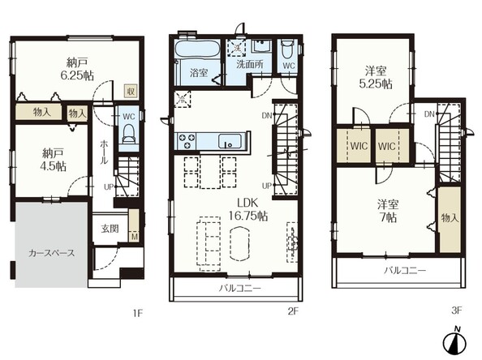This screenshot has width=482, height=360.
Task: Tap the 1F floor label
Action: tap(138, 313)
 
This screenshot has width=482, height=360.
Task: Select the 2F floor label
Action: tap(293, 311)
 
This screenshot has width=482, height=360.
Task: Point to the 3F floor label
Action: tap(457, 311)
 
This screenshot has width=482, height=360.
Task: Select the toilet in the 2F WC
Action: tap(288, 49)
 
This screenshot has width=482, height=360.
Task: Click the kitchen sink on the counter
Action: tap(230, 141)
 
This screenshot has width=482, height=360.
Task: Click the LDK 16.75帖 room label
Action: tap(247, 209)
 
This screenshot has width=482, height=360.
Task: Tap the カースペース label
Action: tap(51, 253)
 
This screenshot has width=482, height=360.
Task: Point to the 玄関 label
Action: tap(110, 229)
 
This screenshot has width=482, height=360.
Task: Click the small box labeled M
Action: tap(135, 237)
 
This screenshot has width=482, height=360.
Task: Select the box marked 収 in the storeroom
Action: tap(131, 91)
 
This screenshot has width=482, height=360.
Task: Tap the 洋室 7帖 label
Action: tap(388, 211)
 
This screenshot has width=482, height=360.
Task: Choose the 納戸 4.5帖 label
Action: tap(53, 160)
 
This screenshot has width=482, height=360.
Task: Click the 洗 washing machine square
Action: tap(236, 48)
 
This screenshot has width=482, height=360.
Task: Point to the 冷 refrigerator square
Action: tap(183, 99)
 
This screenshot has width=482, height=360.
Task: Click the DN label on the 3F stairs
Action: tap(429, 114)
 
